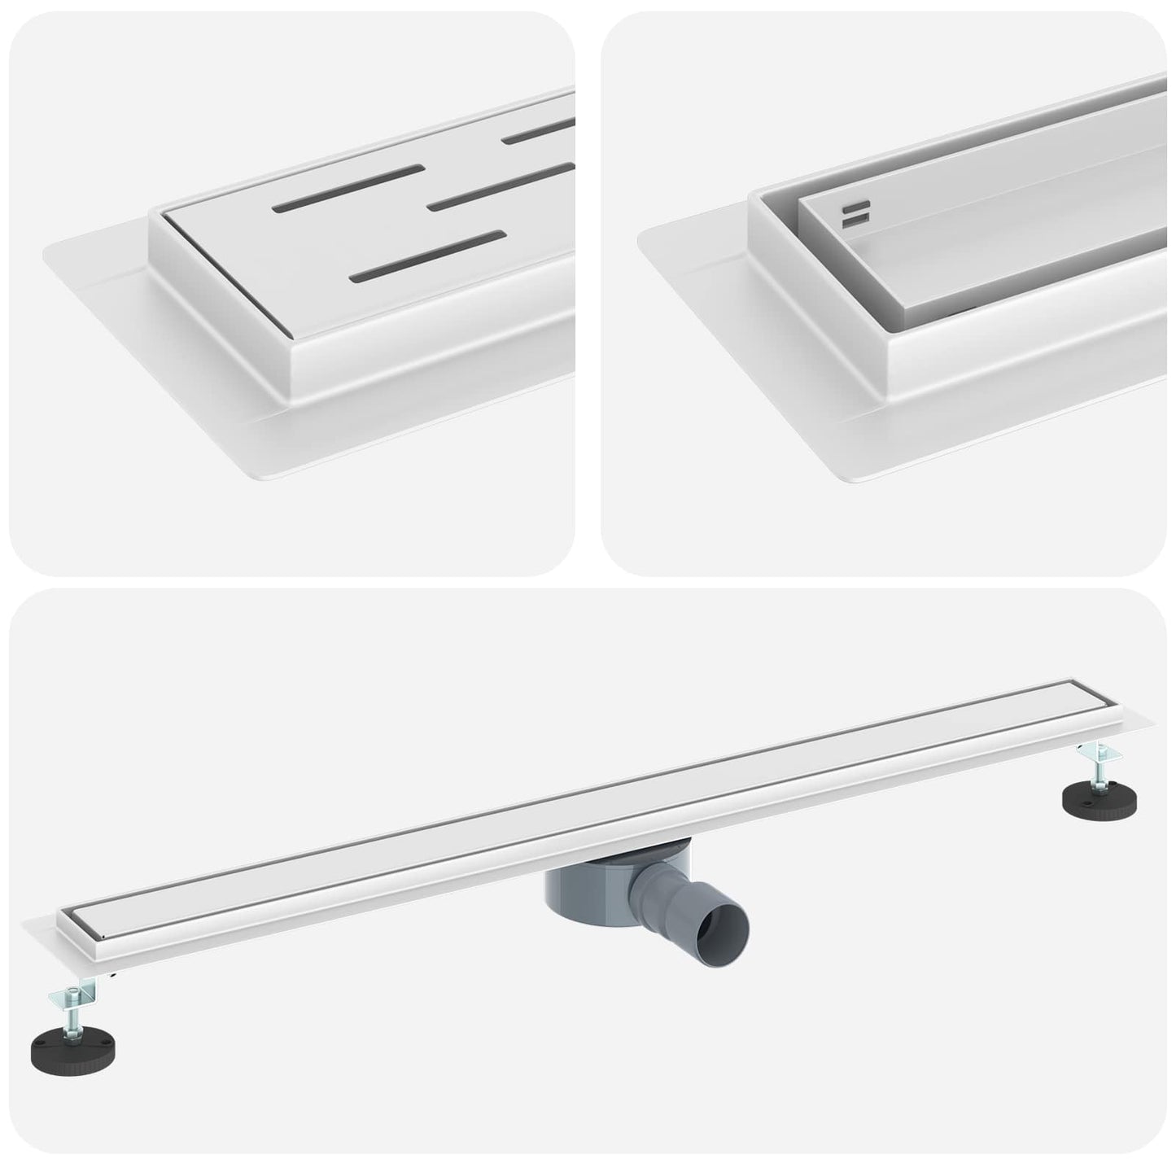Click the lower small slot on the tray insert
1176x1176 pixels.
855,220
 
